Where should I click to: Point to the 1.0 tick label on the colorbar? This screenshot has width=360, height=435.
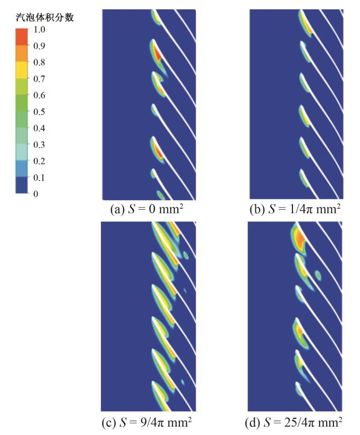coord(39,29)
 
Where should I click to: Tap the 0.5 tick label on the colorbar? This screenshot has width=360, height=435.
coord(39,111)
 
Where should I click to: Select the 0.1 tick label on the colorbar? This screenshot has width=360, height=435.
coord(39,177)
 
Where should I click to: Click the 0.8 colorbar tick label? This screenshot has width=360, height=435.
coord(39,62)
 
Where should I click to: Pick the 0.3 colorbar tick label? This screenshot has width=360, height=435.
coord(39,144)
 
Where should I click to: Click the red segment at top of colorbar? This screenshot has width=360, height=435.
coord(22,37)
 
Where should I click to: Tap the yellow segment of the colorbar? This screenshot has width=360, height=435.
coord(22,70)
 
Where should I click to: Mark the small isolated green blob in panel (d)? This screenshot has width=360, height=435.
coord(318,275)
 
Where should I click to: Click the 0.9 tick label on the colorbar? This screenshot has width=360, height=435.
coord(39,45)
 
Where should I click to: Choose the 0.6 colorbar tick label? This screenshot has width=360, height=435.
coord(39,95)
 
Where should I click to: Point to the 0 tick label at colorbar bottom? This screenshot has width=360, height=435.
coord(36,194)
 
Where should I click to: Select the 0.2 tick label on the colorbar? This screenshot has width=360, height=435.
coord(39,160)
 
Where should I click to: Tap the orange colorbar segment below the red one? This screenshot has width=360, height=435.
coord(22,54)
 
